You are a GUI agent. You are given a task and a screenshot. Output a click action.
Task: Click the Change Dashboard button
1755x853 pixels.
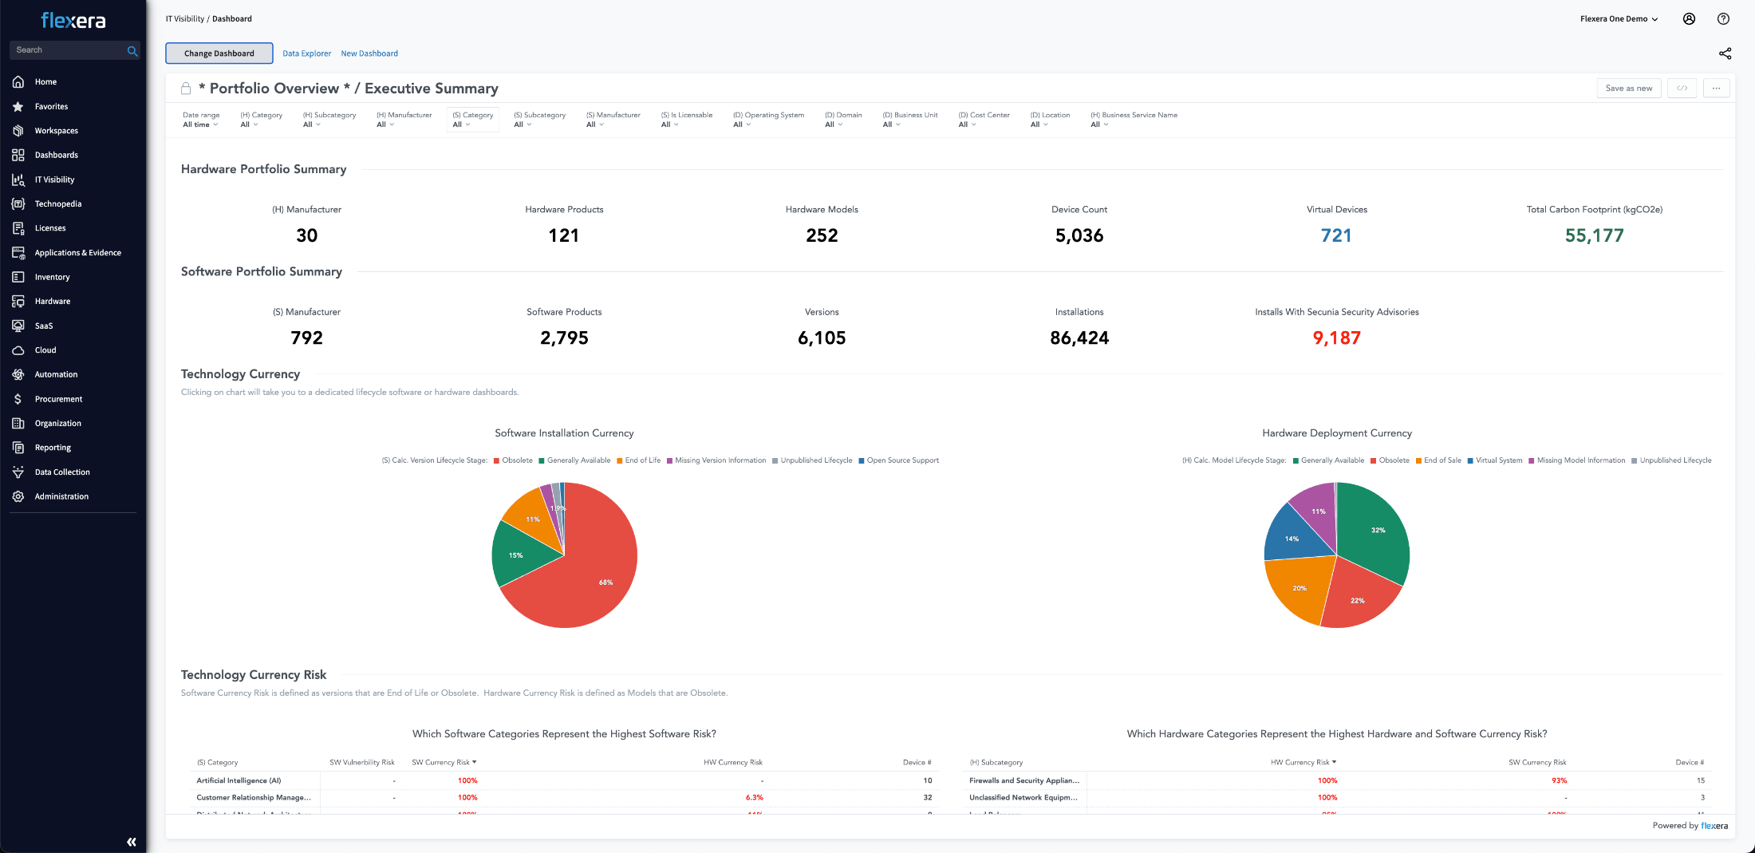pyautogui.click(x=219, y=53)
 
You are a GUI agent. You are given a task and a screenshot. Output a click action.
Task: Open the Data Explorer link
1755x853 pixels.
pyautogui.click(x=306, y=53)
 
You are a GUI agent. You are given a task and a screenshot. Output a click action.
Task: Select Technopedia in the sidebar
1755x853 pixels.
pyautogui.click(x=57, y=204)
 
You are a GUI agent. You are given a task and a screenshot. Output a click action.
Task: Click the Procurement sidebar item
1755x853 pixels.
pyautogui.click(x=58, y=399)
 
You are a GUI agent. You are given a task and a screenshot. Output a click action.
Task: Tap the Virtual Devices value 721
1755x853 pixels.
pyautogui.click(x=1336, y=235)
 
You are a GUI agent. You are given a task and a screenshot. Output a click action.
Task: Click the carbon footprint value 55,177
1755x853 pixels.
pyautogui.click(x=1594, y=235)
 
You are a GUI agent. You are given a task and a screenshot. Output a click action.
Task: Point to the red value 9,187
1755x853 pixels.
pyautogui.click(x=1336, y=338)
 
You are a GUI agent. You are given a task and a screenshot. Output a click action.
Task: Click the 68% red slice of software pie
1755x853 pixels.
pyautogui.click(x=590, y=575)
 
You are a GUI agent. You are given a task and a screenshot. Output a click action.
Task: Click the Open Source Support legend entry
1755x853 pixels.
pyautogui.click(x=902, y=460)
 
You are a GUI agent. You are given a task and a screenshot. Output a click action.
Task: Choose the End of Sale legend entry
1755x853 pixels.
pyautogui.click(x=1441, y=460)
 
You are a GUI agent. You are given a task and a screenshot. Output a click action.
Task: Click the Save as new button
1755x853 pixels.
pyautogui.click(x=1628, y=89)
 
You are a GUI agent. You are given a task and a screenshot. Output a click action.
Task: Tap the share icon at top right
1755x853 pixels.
pyautogui.click(x=1725, y=53)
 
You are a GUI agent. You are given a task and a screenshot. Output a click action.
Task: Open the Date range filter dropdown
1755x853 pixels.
pyautogui.click(x=200, y=124)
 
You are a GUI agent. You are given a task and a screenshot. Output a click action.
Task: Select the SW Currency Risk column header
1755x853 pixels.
pyautogui.click(x=444, y=763)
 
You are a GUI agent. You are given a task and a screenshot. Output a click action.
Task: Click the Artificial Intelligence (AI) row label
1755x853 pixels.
pyautogui.click(x=239, y=781)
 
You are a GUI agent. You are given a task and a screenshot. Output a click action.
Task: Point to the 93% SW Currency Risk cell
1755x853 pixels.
pyautogui.click(x=1559, y=781)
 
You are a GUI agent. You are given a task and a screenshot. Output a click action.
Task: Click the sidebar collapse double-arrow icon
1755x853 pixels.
pyautogui.click(x=132, y=842)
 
